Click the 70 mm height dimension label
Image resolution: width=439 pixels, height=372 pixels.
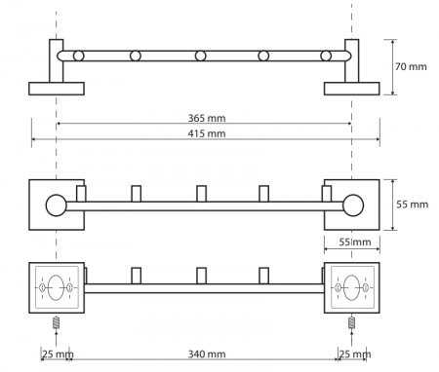click(x=411, y=66)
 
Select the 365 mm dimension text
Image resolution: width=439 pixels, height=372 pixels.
click(x=207, y=118)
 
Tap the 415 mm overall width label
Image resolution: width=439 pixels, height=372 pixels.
click(x=207, y=133)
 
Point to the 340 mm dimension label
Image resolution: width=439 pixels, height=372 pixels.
click(x=207, y=353)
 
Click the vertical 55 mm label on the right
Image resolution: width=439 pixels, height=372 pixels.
click(x=412, y=205)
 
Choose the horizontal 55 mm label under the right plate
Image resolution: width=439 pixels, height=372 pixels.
click(x=355, y=242)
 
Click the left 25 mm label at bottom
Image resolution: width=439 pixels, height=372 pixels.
click(x=58, y=354)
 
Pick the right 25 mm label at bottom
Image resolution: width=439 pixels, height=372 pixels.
click(x=355, y=354)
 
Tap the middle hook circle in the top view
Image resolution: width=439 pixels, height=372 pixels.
click(x=201, y=56)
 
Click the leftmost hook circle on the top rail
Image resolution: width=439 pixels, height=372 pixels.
click(x=79, y=56)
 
